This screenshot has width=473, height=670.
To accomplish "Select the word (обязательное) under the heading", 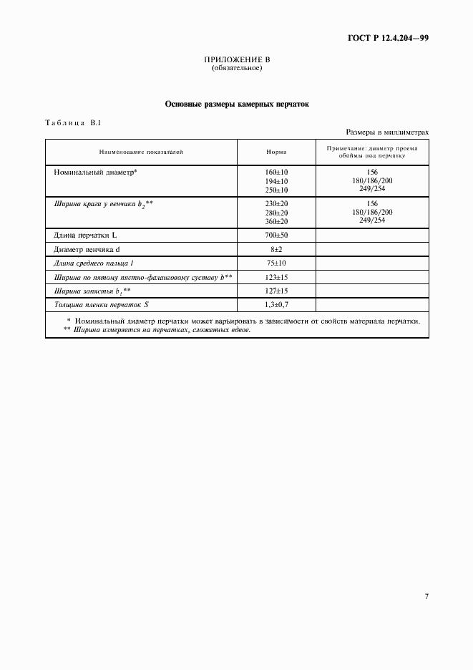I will pos(237,69).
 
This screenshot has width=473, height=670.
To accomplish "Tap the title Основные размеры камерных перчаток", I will pos(237,104).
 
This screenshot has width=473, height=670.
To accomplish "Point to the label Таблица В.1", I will pos(73,123).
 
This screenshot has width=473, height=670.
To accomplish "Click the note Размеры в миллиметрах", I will pos(387,132).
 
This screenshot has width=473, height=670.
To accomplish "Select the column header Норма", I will pos(276,152).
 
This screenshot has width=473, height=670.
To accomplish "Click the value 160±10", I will pos(276,173).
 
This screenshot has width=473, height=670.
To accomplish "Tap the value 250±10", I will pos(276,190).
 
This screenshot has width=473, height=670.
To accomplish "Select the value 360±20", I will pos(276,221).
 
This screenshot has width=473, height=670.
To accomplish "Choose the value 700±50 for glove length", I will pos(276,235).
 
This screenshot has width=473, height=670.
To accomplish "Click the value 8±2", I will pos(276,249).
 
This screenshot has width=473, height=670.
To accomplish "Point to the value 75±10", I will pos(276,263).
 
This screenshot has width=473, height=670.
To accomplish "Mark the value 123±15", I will pos(276,276).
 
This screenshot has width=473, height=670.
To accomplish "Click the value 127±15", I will pos(276,291).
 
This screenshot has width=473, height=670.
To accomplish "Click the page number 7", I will pos(426,596).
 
